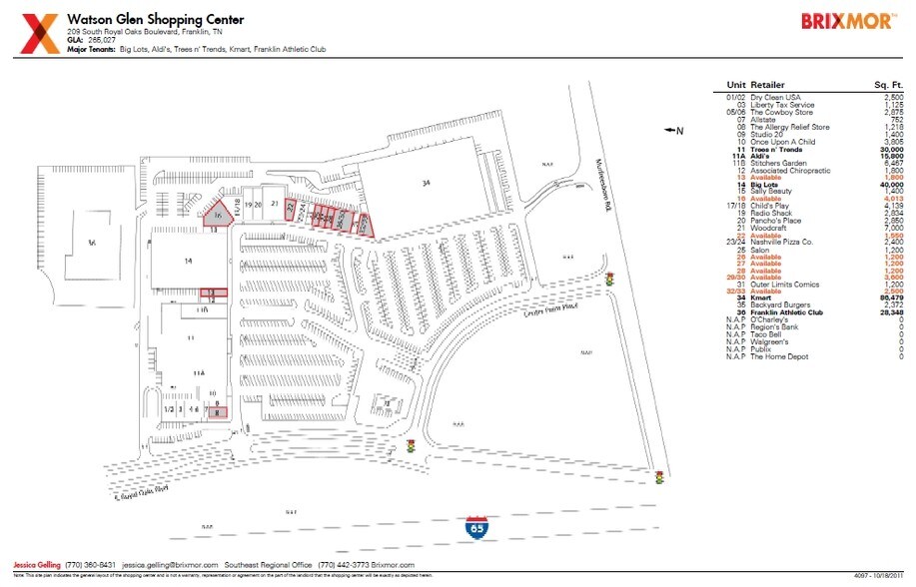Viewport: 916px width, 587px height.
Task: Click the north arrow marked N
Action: tap(673, 130)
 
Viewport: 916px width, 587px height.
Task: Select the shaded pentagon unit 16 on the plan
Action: tap(217, 214)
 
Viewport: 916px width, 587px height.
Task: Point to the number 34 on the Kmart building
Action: tap(425, 183)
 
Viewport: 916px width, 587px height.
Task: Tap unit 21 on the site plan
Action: tap(274, 203)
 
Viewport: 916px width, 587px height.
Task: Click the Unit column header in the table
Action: tap(737, 85)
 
